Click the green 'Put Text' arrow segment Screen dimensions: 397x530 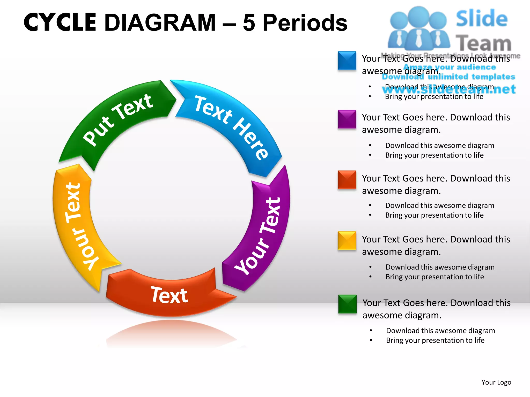pyautogui.click(x=116, y=121)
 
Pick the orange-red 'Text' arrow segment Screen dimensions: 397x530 pyautogui.click(x=168, y=295)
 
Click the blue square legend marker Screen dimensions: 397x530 pyautogui.click(x=347, y=61)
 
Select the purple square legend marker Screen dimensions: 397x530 pyautogui.click(x=347, y=119)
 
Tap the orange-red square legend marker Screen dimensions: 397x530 pyautogui.click(x=347, y=180)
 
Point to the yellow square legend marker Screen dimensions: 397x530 pyautogui.click(x=347, y=241)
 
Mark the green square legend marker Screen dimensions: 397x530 pyautogui.click(x=347, y=304)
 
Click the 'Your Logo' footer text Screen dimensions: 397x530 pyautogui.click(x=496, y=382)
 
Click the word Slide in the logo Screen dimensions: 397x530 pyautogui.click(x=482, y=19)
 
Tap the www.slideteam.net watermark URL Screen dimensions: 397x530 pyautogui.click(x=449, y=89)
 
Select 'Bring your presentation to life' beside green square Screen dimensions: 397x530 pyautogui.click(x=435, y=340)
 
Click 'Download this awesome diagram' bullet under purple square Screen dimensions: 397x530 pyautogui.click(x=440, y=146)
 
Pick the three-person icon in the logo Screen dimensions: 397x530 pyautogui.click(x=419, y=28)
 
